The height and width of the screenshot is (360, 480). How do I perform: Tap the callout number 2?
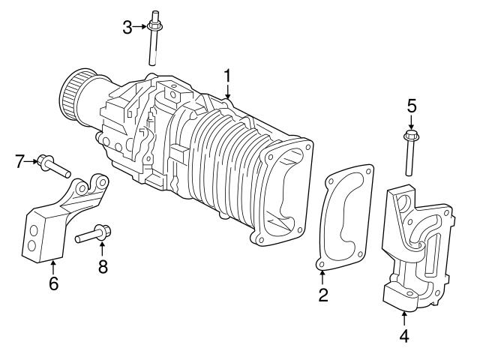(322, 295)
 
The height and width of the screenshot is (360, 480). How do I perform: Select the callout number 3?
(127, 28)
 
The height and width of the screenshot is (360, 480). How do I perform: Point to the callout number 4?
(404, 336)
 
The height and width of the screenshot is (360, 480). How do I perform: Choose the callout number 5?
(411, 106)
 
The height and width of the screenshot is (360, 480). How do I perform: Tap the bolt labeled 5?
(410, 154)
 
